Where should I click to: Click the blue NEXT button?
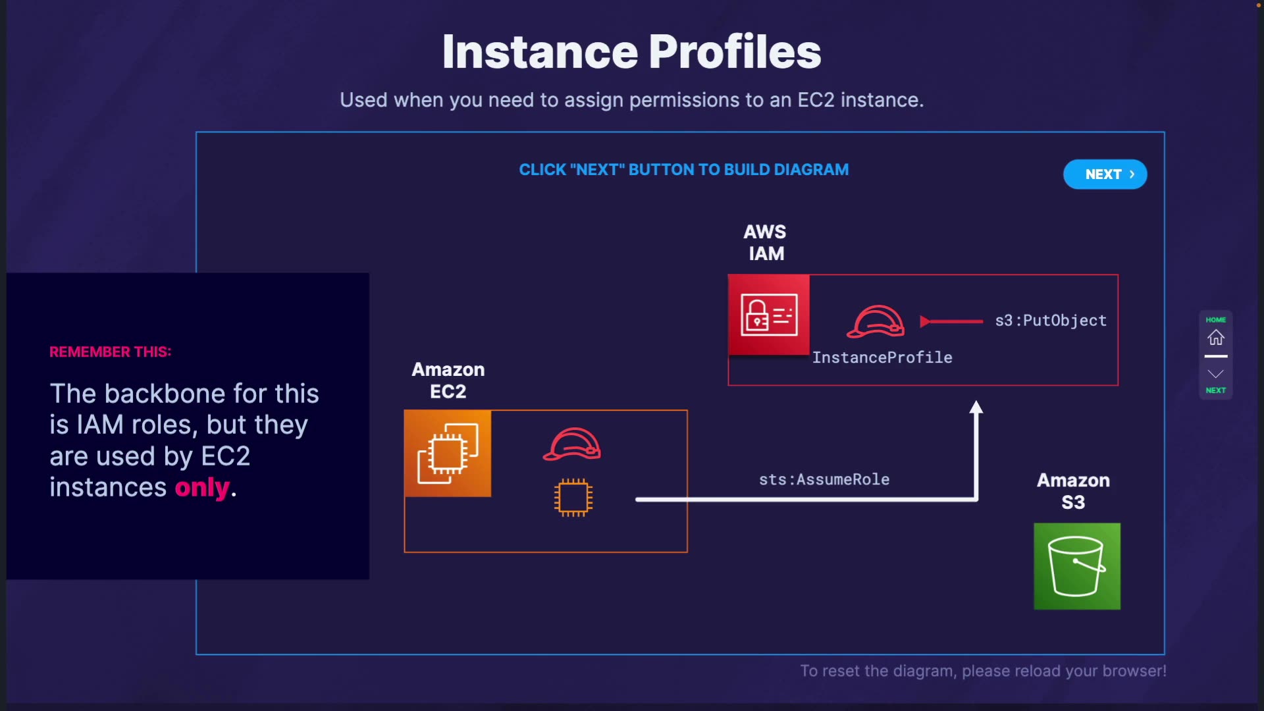click(1105, 174)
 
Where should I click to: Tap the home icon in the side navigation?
click(1215, 337)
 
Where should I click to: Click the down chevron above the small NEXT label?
click(1215, 374)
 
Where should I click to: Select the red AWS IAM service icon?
click(769, 315)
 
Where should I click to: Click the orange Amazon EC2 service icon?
click(448, 454)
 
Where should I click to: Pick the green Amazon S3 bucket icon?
click(1077, 566)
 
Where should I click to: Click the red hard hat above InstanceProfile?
click(875, 321)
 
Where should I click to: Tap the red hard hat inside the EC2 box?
click(571, 444)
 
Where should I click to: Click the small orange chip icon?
click(573, 498)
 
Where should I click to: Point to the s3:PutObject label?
click(1051, 321)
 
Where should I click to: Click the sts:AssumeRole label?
click(824, 479)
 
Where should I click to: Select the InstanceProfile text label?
click(882, 357)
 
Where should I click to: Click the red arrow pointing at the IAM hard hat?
click(951, 321)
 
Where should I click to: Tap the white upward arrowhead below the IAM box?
click(976, 408)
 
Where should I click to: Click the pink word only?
click(202, 488)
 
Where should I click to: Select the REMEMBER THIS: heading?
click(111, 352)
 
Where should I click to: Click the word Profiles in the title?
click(735, 52)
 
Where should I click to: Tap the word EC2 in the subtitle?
click(816, 100)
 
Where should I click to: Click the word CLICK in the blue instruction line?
click(542, 170)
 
